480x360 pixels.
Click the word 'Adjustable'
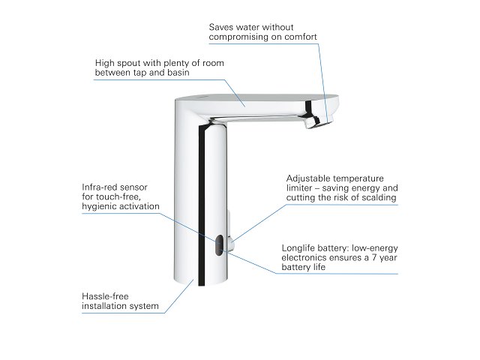click(x=308, y=178)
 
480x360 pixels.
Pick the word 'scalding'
click(x=378, y=199)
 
